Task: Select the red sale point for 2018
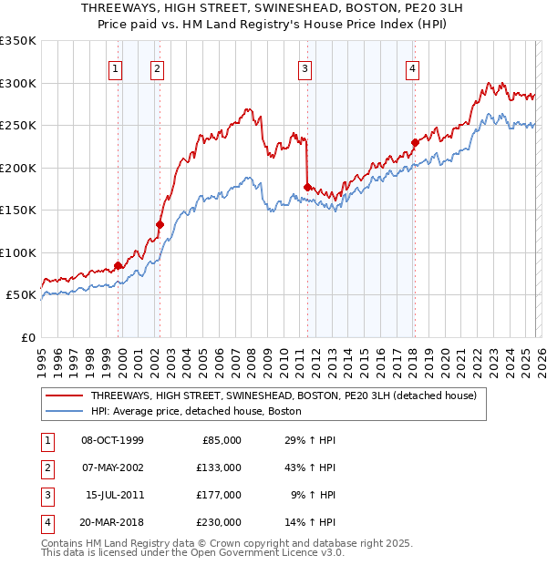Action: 414,142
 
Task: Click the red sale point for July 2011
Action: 307,187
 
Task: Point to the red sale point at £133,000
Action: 160,224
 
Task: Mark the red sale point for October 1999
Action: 118,265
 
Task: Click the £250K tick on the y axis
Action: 18,126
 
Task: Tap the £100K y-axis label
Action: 18,253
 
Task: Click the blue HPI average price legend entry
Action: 195,411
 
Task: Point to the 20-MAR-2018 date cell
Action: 112,522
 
